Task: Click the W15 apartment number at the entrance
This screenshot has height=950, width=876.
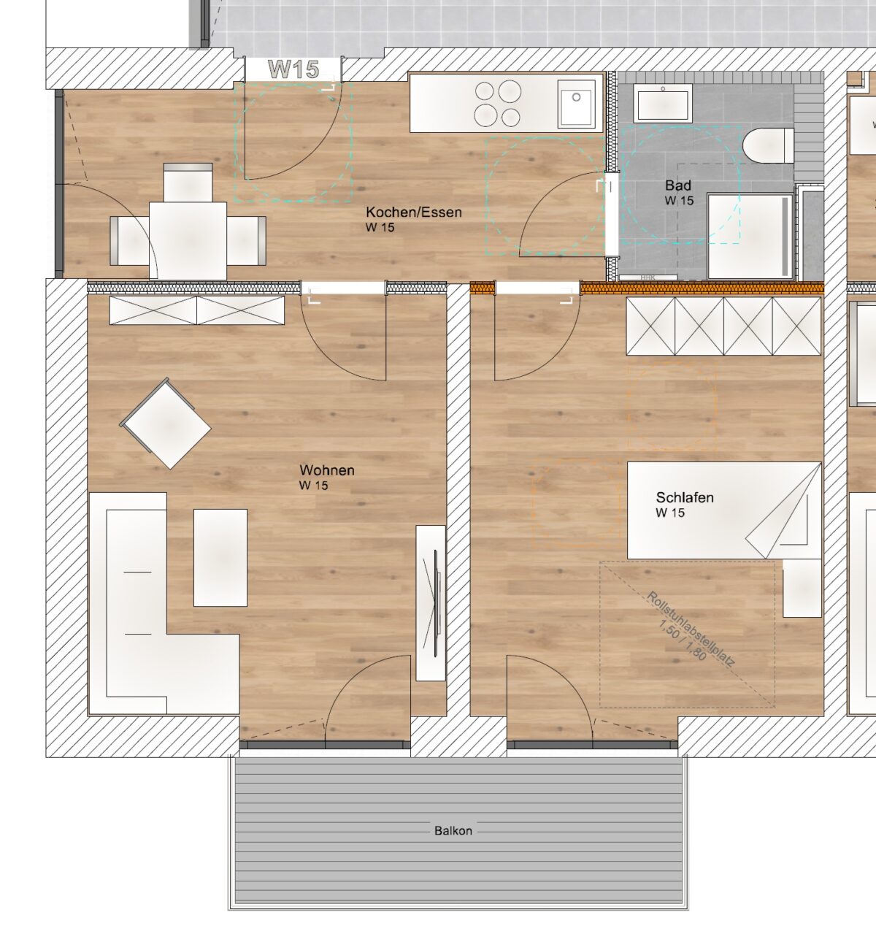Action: (x=293, y=69)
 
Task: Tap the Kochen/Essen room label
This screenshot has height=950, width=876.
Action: (x=414, y=212)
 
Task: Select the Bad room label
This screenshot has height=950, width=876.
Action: (x=678, y=185)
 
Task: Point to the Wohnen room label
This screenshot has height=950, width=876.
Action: (x=327, y=470)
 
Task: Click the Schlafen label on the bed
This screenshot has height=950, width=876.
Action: (x=685, y=497)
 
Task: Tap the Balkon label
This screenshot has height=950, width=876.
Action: (x=453, y=831)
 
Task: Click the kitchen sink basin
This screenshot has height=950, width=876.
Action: (x=576, y=103)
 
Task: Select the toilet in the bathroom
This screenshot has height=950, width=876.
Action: (x=768, y=145)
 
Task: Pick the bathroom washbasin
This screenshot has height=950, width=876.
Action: (x=663, y=103)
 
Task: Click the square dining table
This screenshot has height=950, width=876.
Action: (x=188, y=241)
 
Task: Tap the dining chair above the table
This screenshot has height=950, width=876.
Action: (x=188, y=183)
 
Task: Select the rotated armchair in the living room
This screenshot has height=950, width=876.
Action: (x=166, y=424)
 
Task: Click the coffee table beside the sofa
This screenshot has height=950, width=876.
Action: (x=220, y=558)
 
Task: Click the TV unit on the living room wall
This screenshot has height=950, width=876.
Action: (x=431, y=602)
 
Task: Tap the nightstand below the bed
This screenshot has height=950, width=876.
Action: (x=802, y=588)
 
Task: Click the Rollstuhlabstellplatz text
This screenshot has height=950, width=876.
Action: (x=691, y=629)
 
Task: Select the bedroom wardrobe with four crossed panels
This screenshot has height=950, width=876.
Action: (x=723, y=326)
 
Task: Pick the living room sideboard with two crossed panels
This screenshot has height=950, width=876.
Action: (x=196, y=310)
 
